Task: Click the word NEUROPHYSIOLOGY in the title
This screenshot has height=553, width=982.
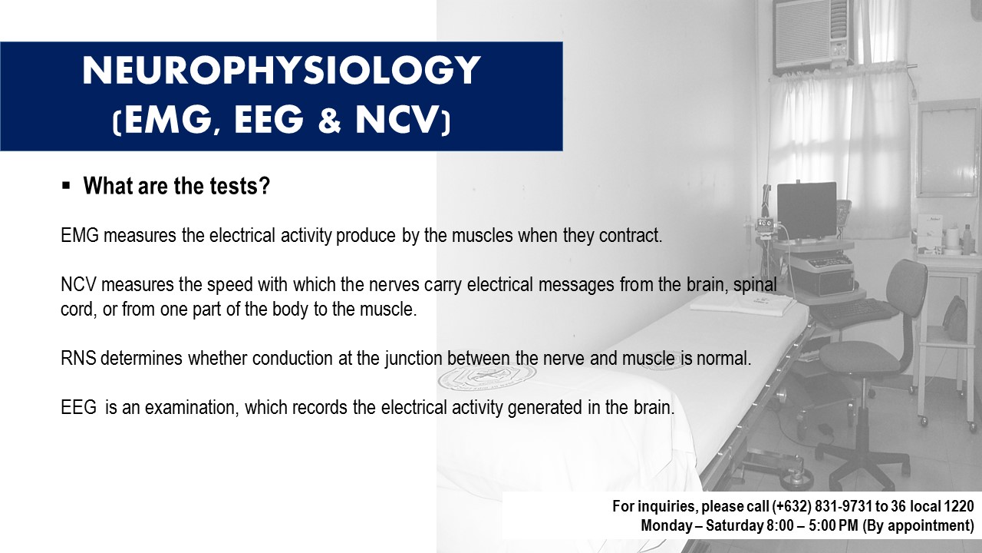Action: [281, 71]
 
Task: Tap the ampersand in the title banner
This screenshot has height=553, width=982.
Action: [330, 120]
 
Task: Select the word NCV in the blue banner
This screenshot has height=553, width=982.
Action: [395, 120]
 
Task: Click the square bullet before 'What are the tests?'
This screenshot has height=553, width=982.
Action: [66, 186]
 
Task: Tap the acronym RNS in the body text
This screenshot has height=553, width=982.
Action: [78, 358]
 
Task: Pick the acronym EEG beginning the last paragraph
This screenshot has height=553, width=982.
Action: [78, 407]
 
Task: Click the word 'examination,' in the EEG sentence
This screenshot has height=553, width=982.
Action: [192, 408]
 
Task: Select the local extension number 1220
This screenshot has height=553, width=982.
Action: [959, 506]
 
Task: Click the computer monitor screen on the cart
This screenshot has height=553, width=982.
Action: [806, 210]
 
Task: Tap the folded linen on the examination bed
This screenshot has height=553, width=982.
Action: [743, 303]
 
